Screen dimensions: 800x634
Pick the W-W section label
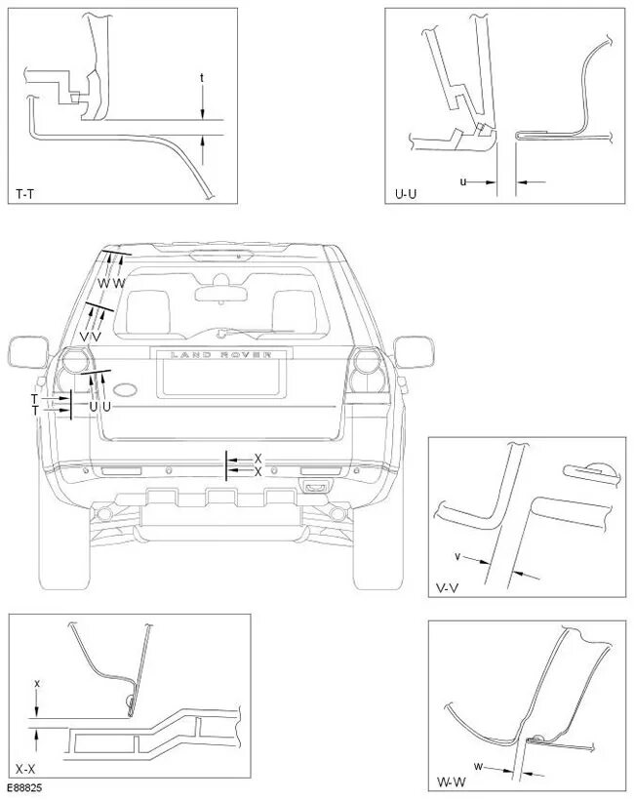[449, 780]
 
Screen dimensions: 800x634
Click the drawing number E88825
[25, 786]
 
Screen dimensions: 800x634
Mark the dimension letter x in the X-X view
[36, 684]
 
